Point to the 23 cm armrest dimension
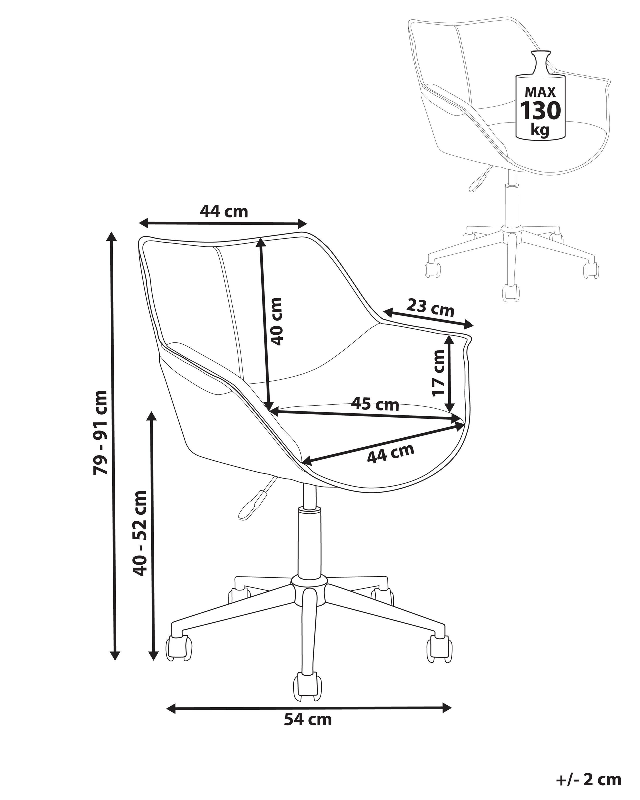pos(430,307)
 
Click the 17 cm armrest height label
pos(438,373)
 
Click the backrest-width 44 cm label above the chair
pos(224,211)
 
